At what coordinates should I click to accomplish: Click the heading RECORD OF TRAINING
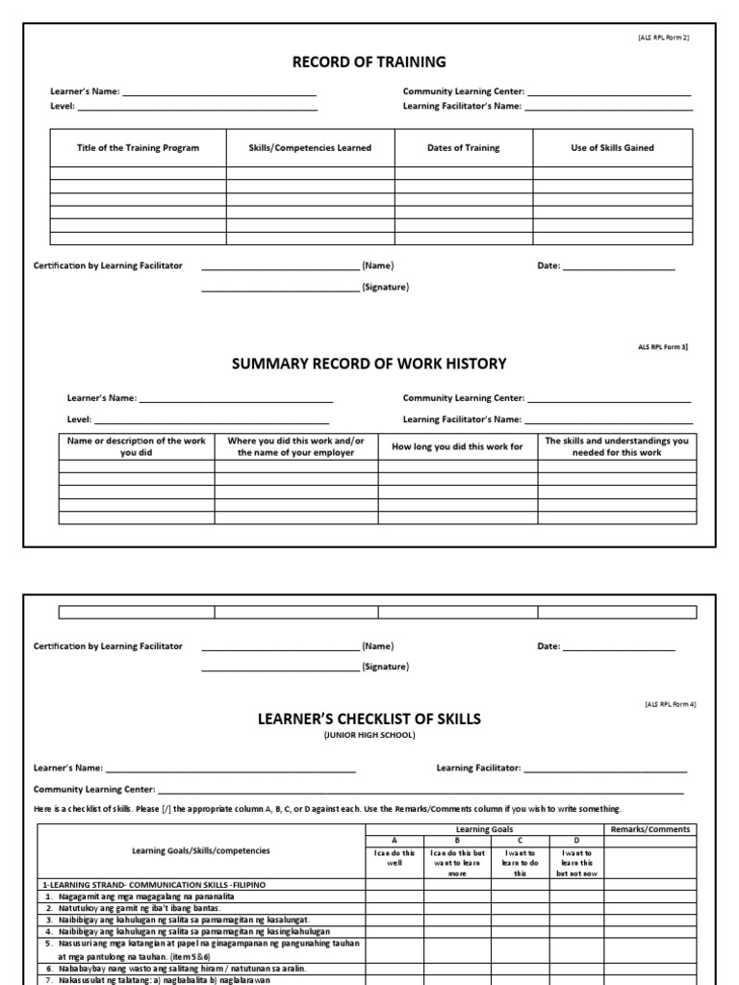[369, 63]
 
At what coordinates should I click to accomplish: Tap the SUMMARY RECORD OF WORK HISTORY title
[369, 364]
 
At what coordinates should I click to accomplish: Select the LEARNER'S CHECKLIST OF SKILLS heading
[369, 719]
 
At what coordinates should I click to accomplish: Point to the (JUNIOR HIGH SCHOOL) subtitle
[369, 736]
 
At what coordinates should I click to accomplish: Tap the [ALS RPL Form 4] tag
[671, 704]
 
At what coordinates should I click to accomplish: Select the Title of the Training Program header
[139, 148]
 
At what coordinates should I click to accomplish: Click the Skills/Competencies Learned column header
[310, 148]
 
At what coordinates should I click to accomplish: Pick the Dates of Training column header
[464, 148]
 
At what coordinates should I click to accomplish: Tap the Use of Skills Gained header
[612, 148]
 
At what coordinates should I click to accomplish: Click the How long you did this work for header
[457, 447]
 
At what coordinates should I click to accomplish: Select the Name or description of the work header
[136, 446]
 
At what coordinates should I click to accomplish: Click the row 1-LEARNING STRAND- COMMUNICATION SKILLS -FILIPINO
[154, 883]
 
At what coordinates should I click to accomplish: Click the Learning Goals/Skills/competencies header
[201, 850]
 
